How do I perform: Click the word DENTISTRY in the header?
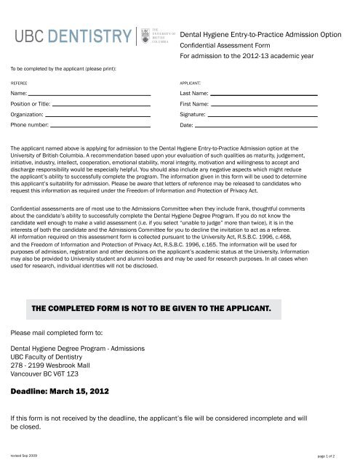[x=95, y=36]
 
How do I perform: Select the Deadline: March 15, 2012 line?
[x=60, y=391]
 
